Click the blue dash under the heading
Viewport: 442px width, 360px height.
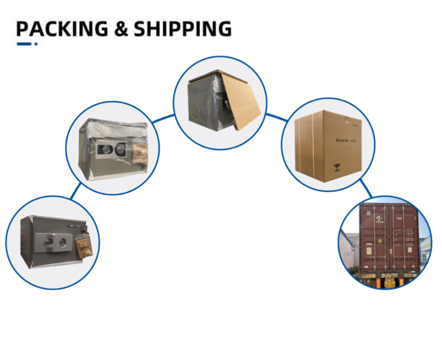tap(24, 44)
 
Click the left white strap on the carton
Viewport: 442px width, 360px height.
tap(300, 149)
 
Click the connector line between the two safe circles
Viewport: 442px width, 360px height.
tap(75, 190)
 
